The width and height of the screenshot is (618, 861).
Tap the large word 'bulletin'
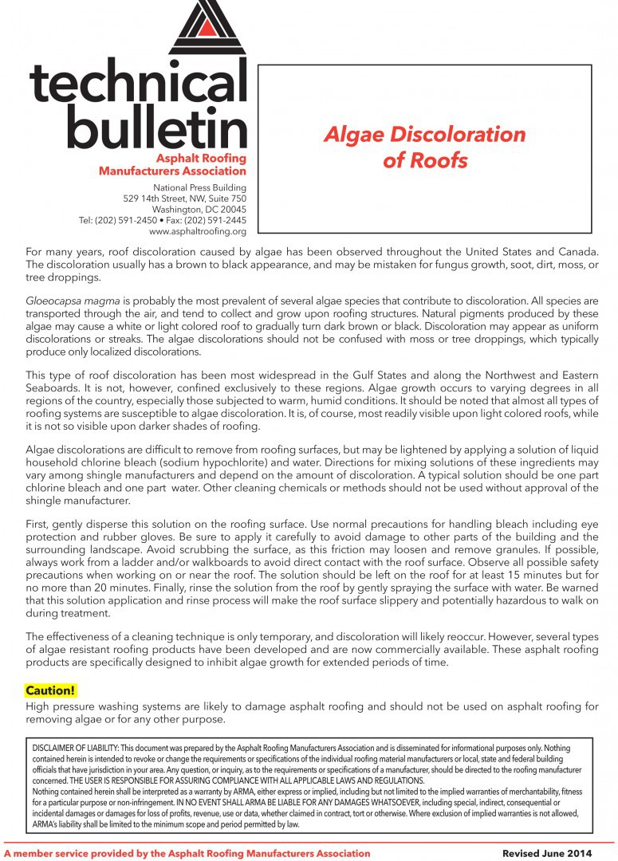tap(157, 127)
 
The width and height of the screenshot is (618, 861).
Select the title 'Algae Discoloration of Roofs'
tap(424, 147)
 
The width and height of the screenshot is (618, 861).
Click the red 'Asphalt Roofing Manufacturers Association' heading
tap(172, 164)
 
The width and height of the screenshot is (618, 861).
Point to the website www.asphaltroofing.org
tap(197, 231)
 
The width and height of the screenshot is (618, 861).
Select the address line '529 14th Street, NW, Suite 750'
tap(184, 198)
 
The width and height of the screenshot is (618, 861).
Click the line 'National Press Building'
tap(199, 187)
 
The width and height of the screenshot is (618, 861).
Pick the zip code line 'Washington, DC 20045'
tap(197, 209)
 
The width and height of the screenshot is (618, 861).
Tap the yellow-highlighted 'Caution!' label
tap(51, 690)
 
